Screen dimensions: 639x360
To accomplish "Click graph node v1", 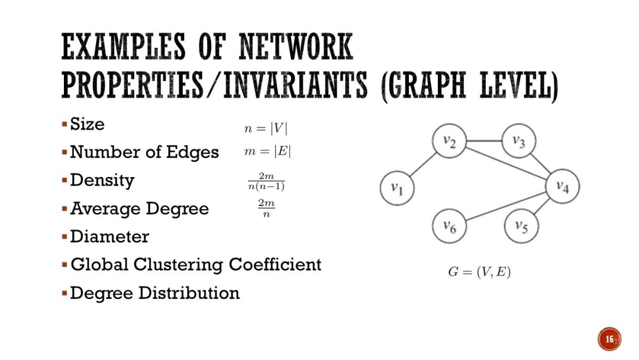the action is (397, 188).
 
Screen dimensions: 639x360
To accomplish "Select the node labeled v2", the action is (449, 143).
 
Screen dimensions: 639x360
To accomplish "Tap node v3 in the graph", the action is (519, 142).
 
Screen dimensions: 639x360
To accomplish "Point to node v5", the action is (521, 226).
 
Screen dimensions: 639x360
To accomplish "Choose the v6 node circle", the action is (449, 226).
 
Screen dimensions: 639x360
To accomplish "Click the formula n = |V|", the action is (266, 128).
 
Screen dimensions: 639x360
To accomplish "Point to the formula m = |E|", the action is (267, 152).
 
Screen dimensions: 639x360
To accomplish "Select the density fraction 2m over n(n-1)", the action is (266, 182).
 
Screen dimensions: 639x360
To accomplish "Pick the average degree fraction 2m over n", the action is (266, 208).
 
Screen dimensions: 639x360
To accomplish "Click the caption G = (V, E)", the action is (479, 273).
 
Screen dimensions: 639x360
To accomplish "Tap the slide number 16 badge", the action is (609, 339).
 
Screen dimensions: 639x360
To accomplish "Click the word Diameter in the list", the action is (109, 237).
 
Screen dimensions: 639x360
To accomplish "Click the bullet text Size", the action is (87, 124).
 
